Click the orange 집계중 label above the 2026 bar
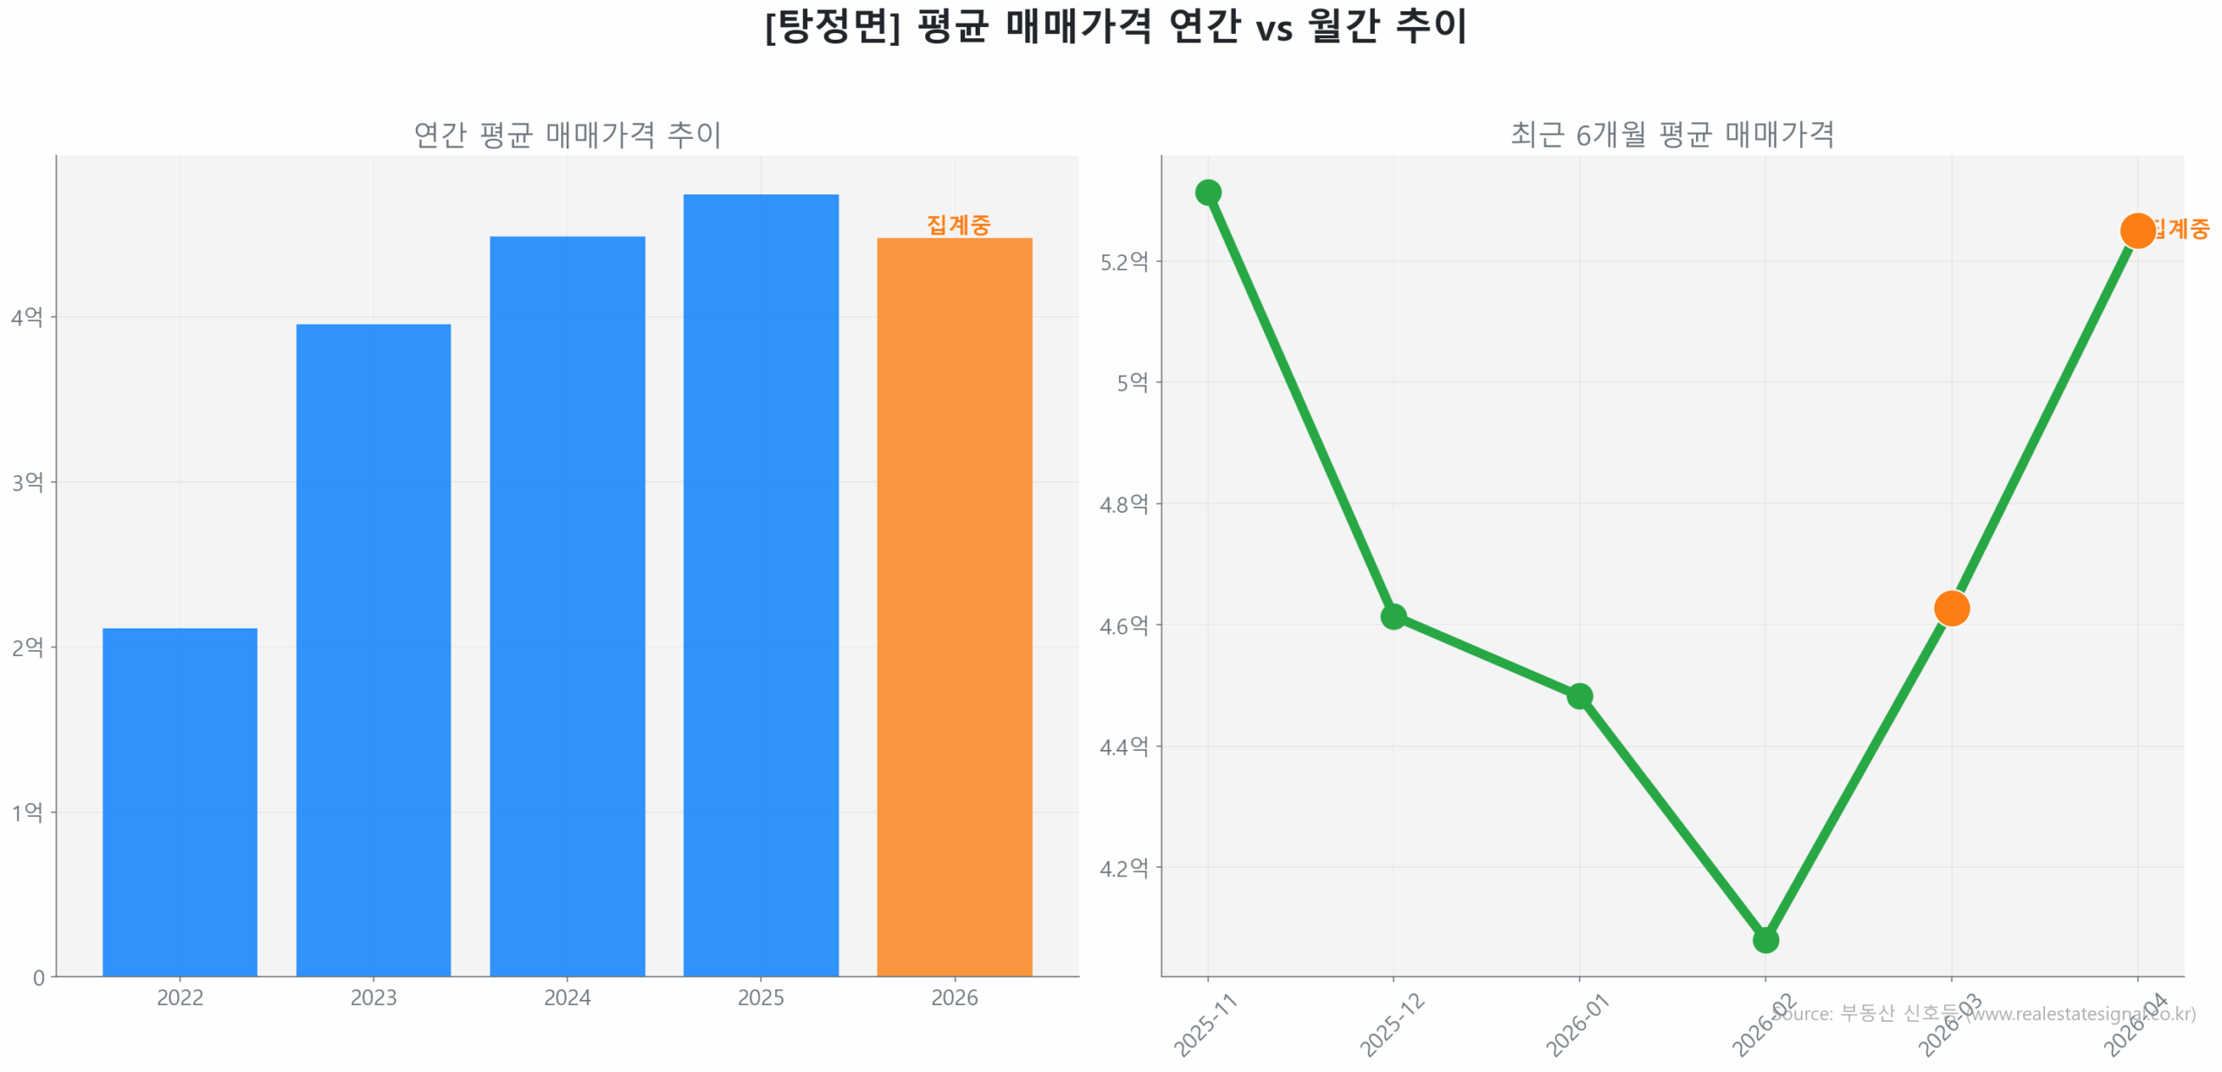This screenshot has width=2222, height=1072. pyautogui.click(x=957, y=224)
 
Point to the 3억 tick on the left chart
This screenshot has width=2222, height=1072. pyautogui.click(x=27, y=481)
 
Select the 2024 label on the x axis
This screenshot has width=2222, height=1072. pyautogui.click(x=567, y=996)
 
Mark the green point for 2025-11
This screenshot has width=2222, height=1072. pyautogui.click(x=1207, y=192)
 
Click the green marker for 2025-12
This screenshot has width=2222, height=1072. pyautogui.click(x=1393, y=615)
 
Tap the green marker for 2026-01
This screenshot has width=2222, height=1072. pyautogui.click(x=1579, y=695)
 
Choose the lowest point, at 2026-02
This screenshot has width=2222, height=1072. pyautogui.click(x=1765, y=939)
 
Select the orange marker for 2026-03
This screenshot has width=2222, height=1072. pyautogui.click(x=1951, y=608)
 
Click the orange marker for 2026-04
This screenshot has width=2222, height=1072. pyautogui.click(x=2136, y=230)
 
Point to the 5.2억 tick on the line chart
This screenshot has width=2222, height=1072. pyautogui.click(x=1123, y=261)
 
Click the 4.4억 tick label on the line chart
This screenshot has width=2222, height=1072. pyautogui.click(x=1123, y=746)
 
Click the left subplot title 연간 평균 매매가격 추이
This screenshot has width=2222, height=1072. pyautogui.click(x=567, y=135)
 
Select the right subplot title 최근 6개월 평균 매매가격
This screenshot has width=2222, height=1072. pyautogui.click(x=1672, y=134)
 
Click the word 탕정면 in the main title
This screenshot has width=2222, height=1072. pyautogui.click(x=833, y=26)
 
